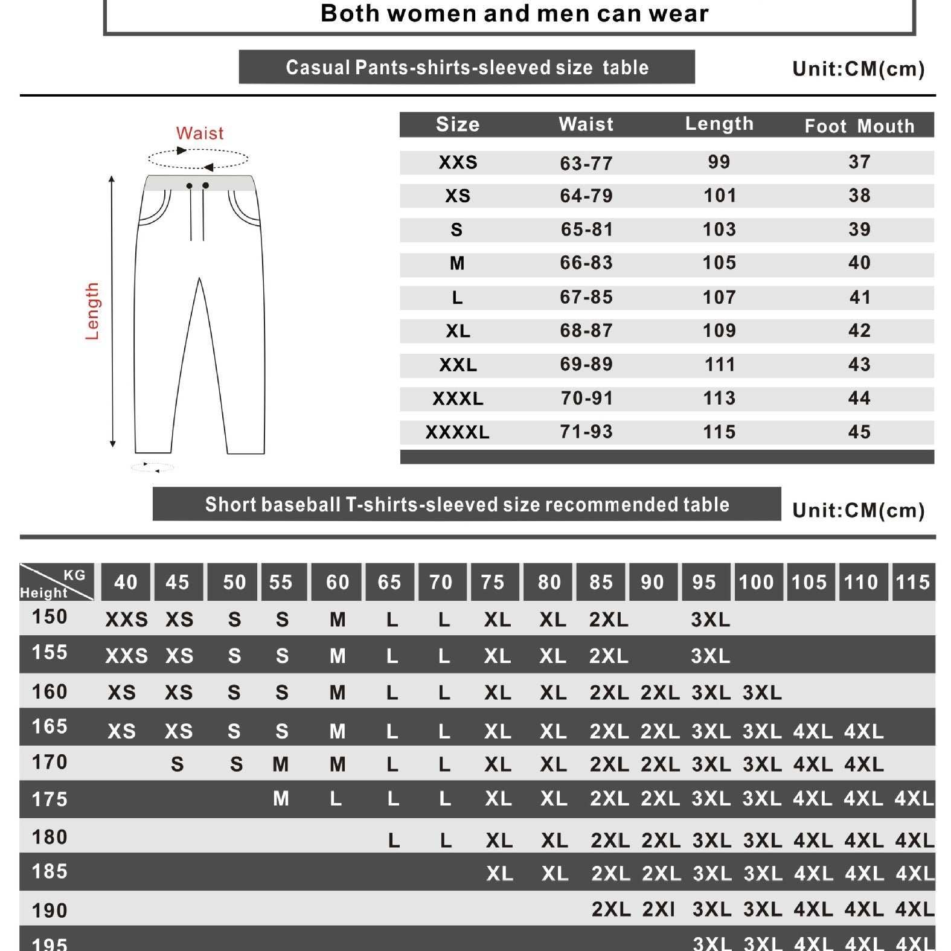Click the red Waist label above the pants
tap(199, 133)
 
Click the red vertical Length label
tap(92, 311)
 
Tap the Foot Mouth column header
tap(859, 126)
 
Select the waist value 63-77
tap(586, 163)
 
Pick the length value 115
tap(719, 432)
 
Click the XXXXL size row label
tap(457, 432)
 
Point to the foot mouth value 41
tap(860, 297)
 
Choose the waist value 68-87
tap(586, 331)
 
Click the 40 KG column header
tap(126, 582)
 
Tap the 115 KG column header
tap(912, 582)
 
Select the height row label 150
tap(50, 617)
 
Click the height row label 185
tap(50, 871)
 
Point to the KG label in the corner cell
tap(75, 575)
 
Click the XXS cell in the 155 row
tap(126, 656)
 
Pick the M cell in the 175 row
tap(281, 799)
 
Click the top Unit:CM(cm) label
tap(858, 69)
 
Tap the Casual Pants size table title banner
tap(467, 67)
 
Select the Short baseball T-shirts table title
tap(467, 504)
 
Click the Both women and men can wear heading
tap(514, 13)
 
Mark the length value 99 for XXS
tap(719, 162)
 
